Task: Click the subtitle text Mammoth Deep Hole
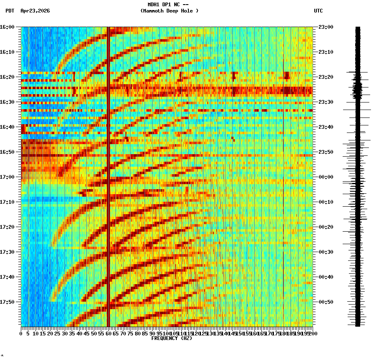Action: (x=169, y=11)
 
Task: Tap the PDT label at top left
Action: (x=10, y=11)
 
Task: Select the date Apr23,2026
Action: (x=35, y=11)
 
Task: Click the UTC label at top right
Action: (x=318, y=11)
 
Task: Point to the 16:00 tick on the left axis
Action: (x=7, y=27)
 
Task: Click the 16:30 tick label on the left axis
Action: (x=7, y=102)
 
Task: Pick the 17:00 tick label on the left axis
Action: (x=7, y=177)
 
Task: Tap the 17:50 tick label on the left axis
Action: (x=7, y=302)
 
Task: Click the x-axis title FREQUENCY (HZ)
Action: (x=171, y=338)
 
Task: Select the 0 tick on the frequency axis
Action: (x=21, y=334)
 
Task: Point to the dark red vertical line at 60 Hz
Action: (x=108, y=175)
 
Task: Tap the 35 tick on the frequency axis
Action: (x=72, y=334)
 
